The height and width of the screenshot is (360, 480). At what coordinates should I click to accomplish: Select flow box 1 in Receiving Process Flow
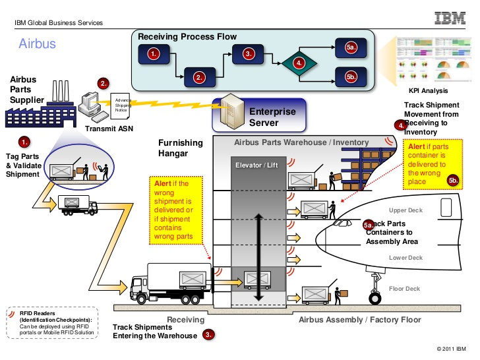point(154,54)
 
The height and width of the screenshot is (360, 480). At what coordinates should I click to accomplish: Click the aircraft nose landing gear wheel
point(376,297)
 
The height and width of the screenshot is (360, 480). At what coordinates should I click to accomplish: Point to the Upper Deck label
point(405,210)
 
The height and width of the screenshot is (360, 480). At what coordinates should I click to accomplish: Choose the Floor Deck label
point(404,288)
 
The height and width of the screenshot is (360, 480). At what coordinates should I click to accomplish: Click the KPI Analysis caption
point(428,90)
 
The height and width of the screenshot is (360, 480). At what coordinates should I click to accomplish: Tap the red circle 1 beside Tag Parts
point(24,141)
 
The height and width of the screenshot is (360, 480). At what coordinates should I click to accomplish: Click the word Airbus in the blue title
point(36,44)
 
